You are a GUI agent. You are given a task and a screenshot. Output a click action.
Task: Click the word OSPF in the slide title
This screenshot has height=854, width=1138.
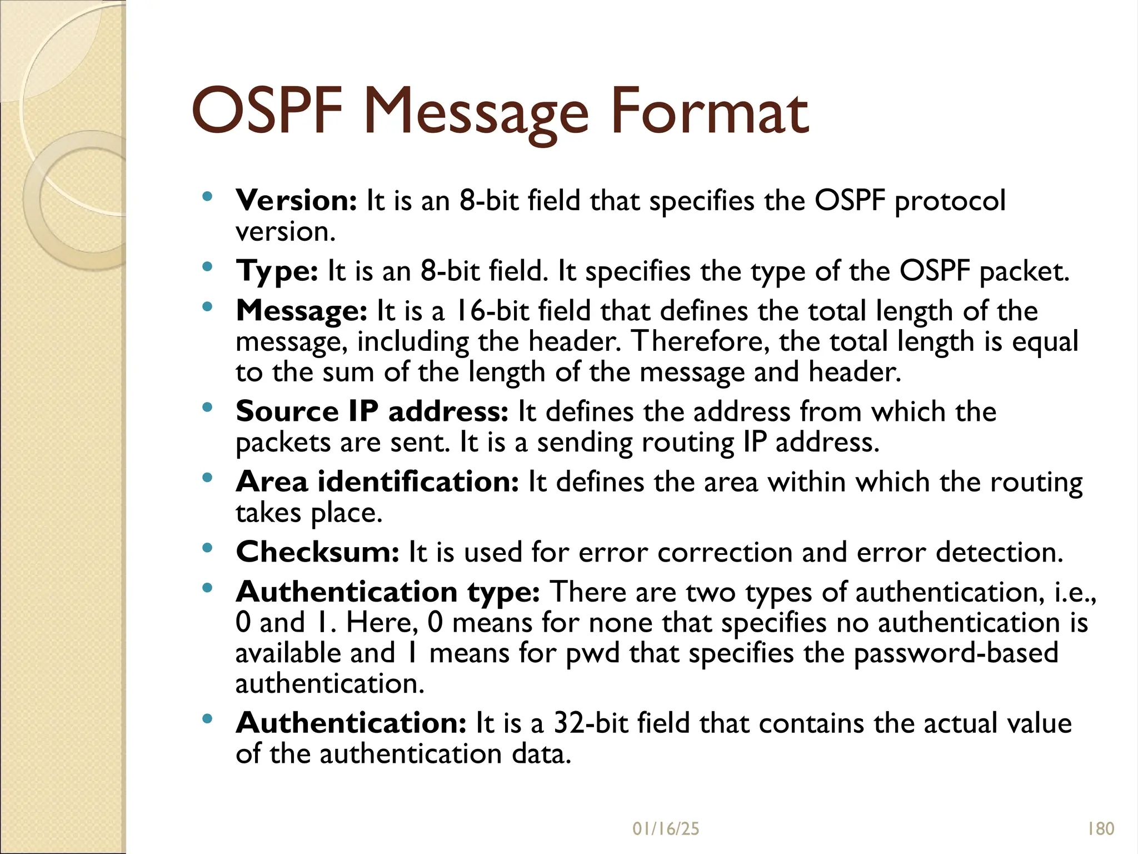pyautogui.click(x=267, y=113)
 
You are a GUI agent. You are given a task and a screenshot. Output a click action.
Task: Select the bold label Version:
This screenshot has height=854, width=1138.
pyautogui.click(x=296, y=201)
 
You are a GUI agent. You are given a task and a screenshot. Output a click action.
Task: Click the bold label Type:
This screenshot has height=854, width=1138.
pyautogui.click(x=277, y=272)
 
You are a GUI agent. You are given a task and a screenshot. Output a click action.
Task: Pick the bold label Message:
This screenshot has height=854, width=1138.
pyautogui.click(x=301, y=311)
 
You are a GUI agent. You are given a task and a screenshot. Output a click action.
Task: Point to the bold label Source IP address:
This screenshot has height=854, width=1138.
pyautogui.click(x=372, y=412)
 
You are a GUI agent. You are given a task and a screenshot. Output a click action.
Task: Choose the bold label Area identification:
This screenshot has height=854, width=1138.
pyautogui.click(x=377, y=482)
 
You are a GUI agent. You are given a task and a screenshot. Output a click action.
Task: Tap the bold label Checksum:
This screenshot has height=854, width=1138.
pyautogui.click(x=317, y=553)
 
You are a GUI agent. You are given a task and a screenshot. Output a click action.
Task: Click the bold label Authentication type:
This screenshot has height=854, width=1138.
pyautogui.click(x=388, y=592)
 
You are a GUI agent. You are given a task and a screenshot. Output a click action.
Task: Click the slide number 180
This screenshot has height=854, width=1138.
pyautogui.click(x=1100, y=829)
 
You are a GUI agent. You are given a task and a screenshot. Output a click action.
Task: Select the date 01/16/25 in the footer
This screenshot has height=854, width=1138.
pyautogui.click(x=666, y=829)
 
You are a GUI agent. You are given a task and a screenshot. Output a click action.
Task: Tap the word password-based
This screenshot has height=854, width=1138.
pyautogui.click(x=956, y=653)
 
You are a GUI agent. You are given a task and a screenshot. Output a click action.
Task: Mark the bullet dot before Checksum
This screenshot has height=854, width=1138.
pyautogui.click(x=207, y=548)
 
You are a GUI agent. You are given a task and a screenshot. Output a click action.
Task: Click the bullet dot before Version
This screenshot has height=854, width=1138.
pyautogui.click(x=207, y=196)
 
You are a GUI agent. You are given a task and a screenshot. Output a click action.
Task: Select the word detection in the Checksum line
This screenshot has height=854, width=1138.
pyautogui.click(x=999, y=553)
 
